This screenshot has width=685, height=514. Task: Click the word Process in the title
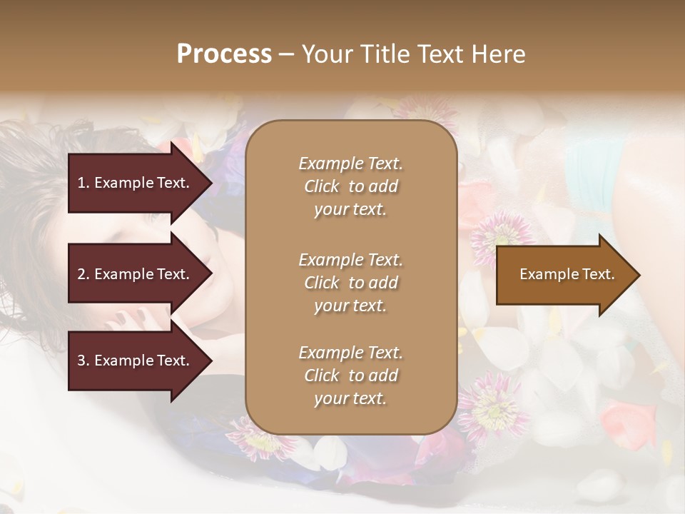coord(224,54)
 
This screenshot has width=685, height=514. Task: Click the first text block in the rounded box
coord(350,186)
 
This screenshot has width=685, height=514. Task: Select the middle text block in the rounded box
coord(350,282)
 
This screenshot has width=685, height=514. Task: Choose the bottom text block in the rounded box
coord(350,376)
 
